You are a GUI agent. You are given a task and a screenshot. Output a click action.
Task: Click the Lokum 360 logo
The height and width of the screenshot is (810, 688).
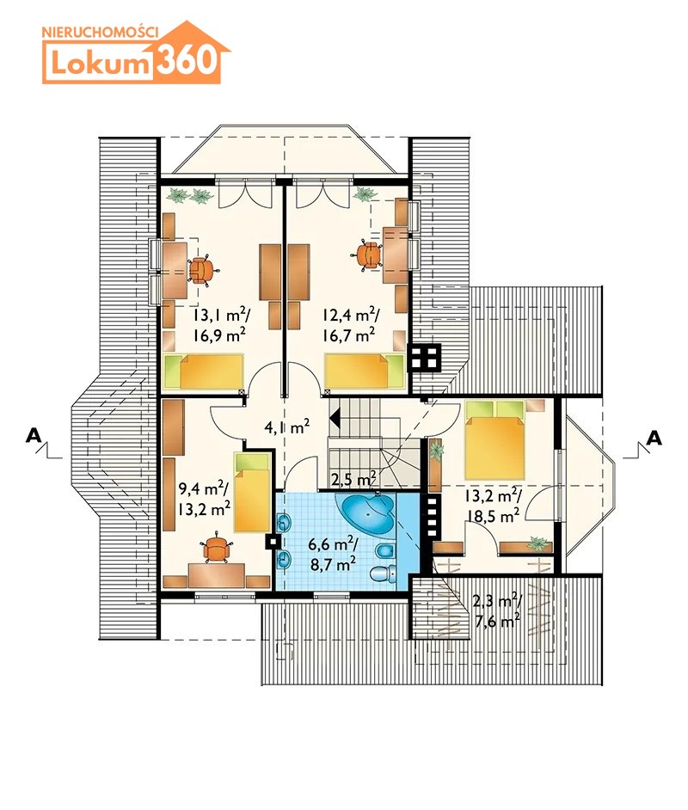(136, 52)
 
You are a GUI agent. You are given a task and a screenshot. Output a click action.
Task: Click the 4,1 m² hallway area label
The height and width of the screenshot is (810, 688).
(286, 427)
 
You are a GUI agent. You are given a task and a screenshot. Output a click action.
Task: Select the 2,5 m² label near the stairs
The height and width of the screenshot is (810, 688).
(353, 480)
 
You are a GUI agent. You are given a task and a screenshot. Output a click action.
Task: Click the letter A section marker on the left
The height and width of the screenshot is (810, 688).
(33, 436)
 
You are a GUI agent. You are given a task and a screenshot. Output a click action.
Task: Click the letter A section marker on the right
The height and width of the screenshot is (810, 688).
(654, 438)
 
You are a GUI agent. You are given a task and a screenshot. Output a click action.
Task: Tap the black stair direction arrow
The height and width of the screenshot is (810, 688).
(335, 417)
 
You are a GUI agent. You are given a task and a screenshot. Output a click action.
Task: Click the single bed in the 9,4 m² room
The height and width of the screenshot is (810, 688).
(252, 493)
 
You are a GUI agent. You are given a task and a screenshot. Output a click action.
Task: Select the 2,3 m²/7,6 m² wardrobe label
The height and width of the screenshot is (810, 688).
(496, 611)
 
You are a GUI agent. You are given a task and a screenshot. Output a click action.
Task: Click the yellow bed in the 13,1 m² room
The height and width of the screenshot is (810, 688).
(204, 371)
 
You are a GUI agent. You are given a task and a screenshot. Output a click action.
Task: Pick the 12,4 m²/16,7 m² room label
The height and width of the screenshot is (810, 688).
(350, 325)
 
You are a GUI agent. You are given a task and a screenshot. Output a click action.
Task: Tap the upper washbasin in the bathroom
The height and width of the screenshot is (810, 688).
(284, 524)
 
